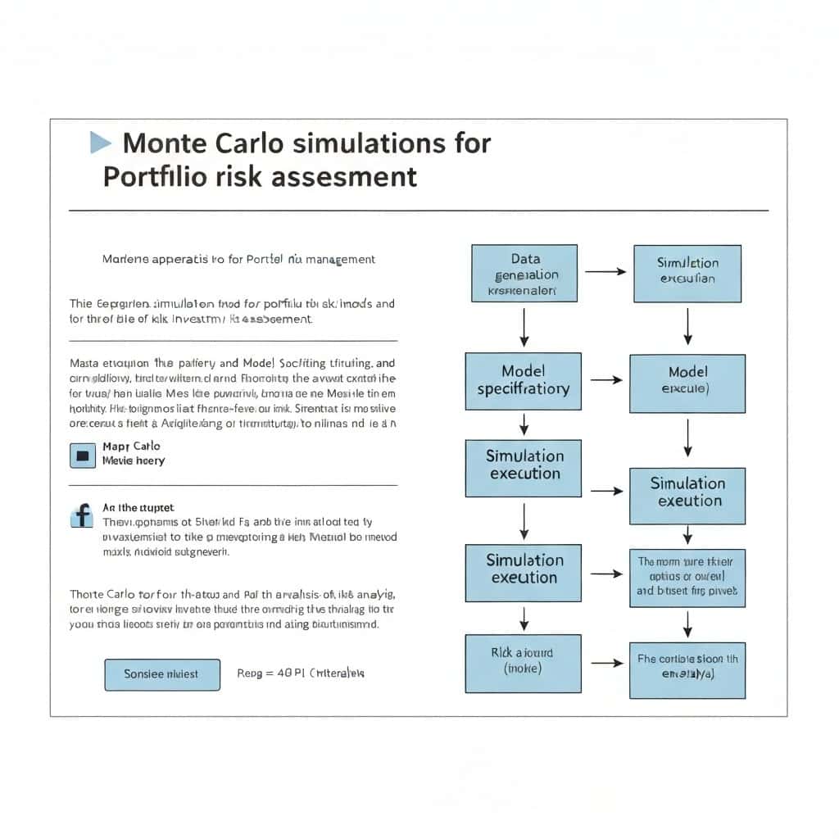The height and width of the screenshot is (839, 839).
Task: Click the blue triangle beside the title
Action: (100, 143)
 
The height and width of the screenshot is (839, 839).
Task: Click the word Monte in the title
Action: (165, 143)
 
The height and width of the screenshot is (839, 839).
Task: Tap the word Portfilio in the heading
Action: (156, 176)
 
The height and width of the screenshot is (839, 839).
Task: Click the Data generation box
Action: (524, 274)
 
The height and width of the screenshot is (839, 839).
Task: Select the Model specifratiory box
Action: (524, 381)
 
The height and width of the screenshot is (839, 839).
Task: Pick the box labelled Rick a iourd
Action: (523, 663)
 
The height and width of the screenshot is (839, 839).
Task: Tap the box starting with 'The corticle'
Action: (687, 665)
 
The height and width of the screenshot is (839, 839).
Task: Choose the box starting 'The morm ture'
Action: (687, 577)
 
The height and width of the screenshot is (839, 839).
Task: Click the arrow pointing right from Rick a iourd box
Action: (606, 663)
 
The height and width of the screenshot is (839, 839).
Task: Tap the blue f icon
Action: (82, 516)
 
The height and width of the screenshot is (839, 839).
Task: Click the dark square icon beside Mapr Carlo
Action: (83, 455)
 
